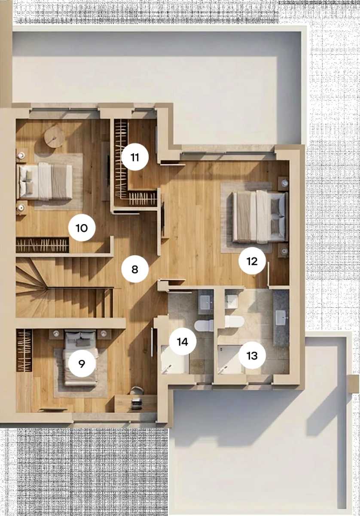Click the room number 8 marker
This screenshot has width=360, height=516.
135,269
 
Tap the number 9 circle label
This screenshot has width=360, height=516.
82,363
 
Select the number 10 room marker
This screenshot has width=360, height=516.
82,228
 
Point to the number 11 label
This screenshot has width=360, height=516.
135,157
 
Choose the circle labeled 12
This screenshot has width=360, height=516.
252,261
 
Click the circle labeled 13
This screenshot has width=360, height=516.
252,356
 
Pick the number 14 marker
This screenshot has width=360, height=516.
183,341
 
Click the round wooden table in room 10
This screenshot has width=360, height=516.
55,137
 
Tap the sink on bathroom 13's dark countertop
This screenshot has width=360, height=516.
281,317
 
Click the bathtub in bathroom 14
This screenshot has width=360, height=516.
175,359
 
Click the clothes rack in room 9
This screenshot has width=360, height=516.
24,350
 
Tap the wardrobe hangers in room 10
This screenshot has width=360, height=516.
43,245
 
